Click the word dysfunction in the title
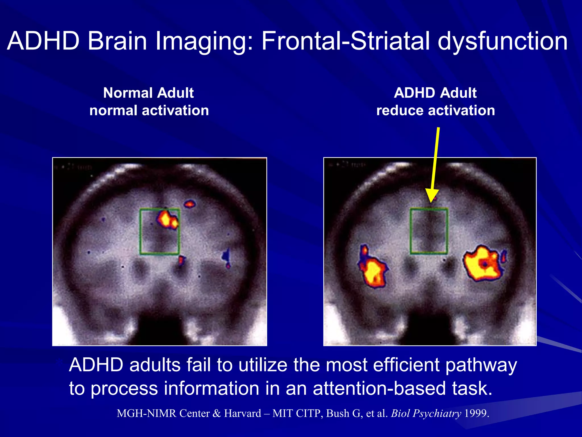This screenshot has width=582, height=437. click(502, 41)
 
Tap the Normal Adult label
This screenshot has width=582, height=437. click(148, 93)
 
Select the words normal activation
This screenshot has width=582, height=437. click(149, 110)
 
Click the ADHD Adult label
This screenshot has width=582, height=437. click(435, 93)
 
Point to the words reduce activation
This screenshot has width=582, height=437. click(436, 110)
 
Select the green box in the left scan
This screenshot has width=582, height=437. click(140, 232)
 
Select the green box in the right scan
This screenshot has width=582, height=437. click(411, 231)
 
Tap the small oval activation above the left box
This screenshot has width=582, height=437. click(190, 204)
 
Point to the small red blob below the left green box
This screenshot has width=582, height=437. click(181, 260)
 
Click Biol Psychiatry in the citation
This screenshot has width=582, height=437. click(426, 413)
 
